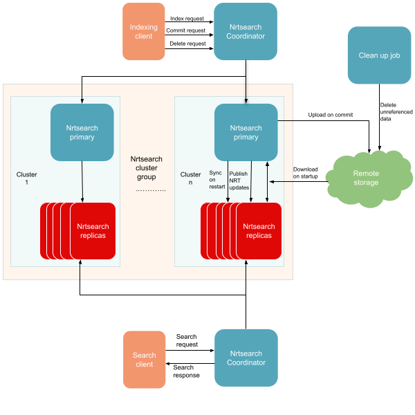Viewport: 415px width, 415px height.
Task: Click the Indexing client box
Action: tap(144, 32)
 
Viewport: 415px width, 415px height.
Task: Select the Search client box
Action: tap(145, 360)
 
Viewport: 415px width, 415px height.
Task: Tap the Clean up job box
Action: tap(379, 55)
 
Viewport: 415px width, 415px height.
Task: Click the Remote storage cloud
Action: tap(369, 178)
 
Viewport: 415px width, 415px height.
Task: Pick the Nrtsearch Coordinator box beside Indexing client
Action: tap(246, 32)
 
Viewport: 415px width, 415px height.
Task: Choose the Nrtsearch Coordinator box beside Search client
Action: tap(246, 358)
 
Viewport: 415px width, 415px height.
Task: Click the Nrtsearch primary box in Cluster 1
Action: tap(82, 132)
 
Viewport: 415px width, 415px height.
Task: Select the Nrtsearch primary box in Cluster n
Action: tap(246, 132)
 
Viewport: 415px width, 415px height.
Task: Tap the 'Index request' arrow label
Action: tap(187, 19)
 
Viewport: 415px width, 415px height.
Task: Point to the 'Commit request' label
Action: tap(185, 30)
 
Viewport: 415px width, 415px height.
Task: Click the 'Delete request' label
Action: tap(187, 44)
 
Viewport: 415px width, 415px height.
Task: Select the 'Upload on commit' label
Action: tap(331, 115)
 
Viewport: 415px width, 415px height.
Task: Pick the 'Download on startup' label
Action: tap(306, 172)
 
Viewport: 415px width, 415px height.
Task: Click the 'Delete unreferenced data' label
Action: tap(396, 111)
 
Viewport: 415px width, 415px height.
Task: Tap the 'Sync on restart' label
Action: tap(217, 180)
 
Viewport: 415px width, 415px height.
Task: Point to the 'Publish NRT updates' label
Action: tap(239, 181)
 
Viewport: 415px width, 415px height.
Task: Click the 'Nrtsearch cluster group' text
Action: tap(147, 168)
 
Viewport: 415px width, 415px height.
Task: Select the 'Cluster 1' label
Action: tap(26, 178)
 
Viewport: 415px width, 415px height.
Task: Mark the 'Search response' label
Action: tap(186, 371)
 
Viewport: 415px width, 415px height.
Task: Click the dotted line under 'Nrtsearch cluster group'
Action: tap(151, 190)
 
